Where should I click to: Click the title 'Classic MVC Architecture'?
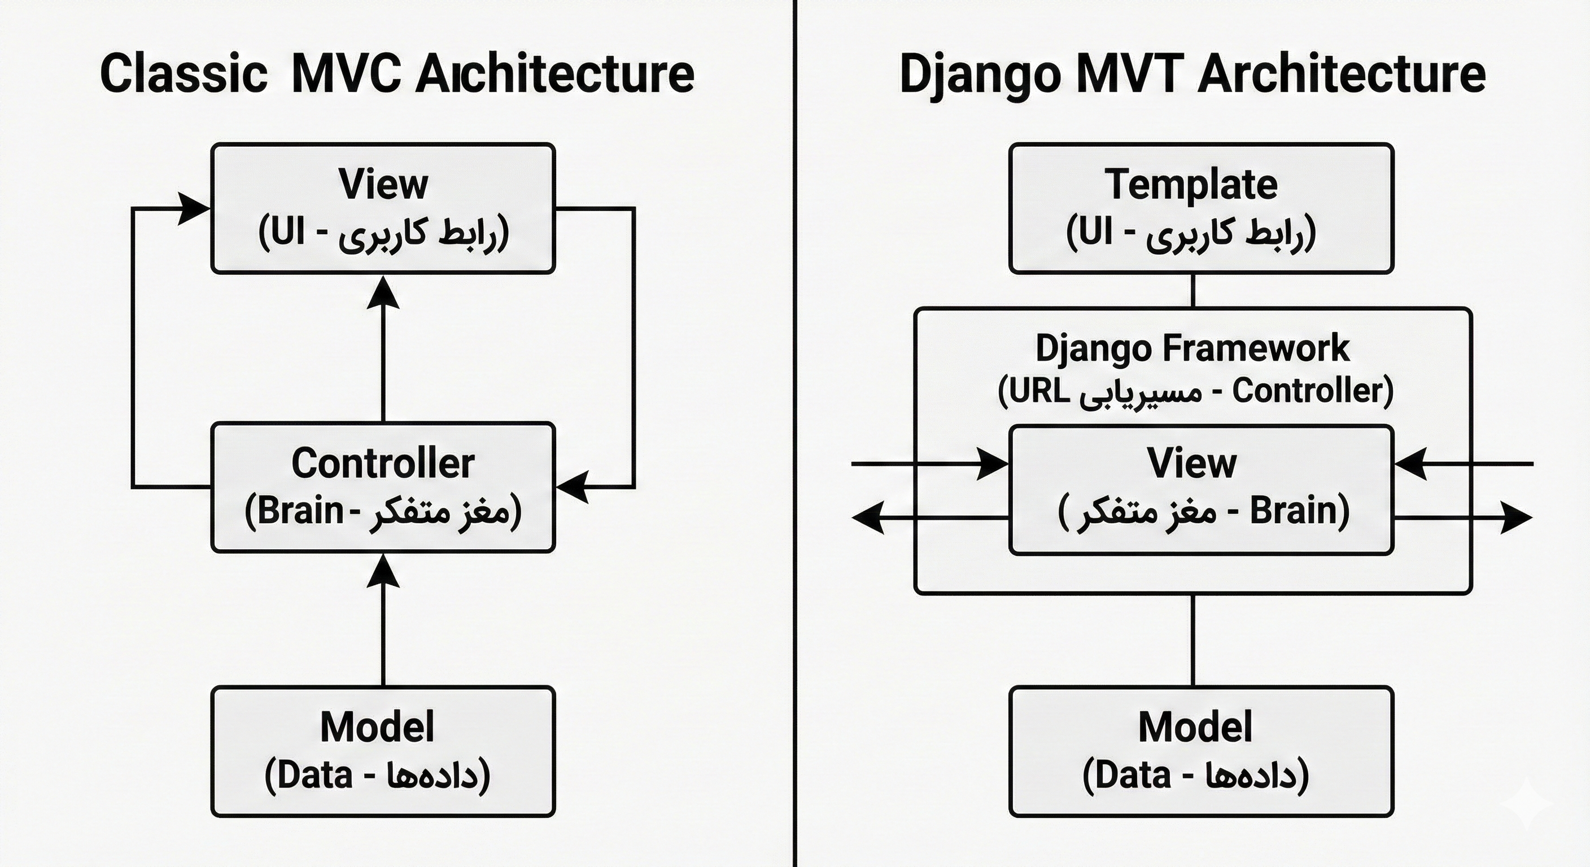tap(397, 74)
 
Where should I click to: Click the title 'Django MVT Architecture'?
tap(1192, 74)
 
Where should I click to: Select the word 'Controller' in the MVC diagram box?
tap(383, 463)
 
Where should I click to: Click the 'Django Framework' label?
tap(1192, 348)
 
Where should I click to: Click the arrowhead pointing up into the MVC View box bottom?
tap(383, 292)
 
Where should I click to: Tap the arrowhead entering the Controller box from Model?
tap(383, 571)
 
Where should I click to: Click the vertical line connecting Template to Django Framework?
tap(1192, 291)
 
